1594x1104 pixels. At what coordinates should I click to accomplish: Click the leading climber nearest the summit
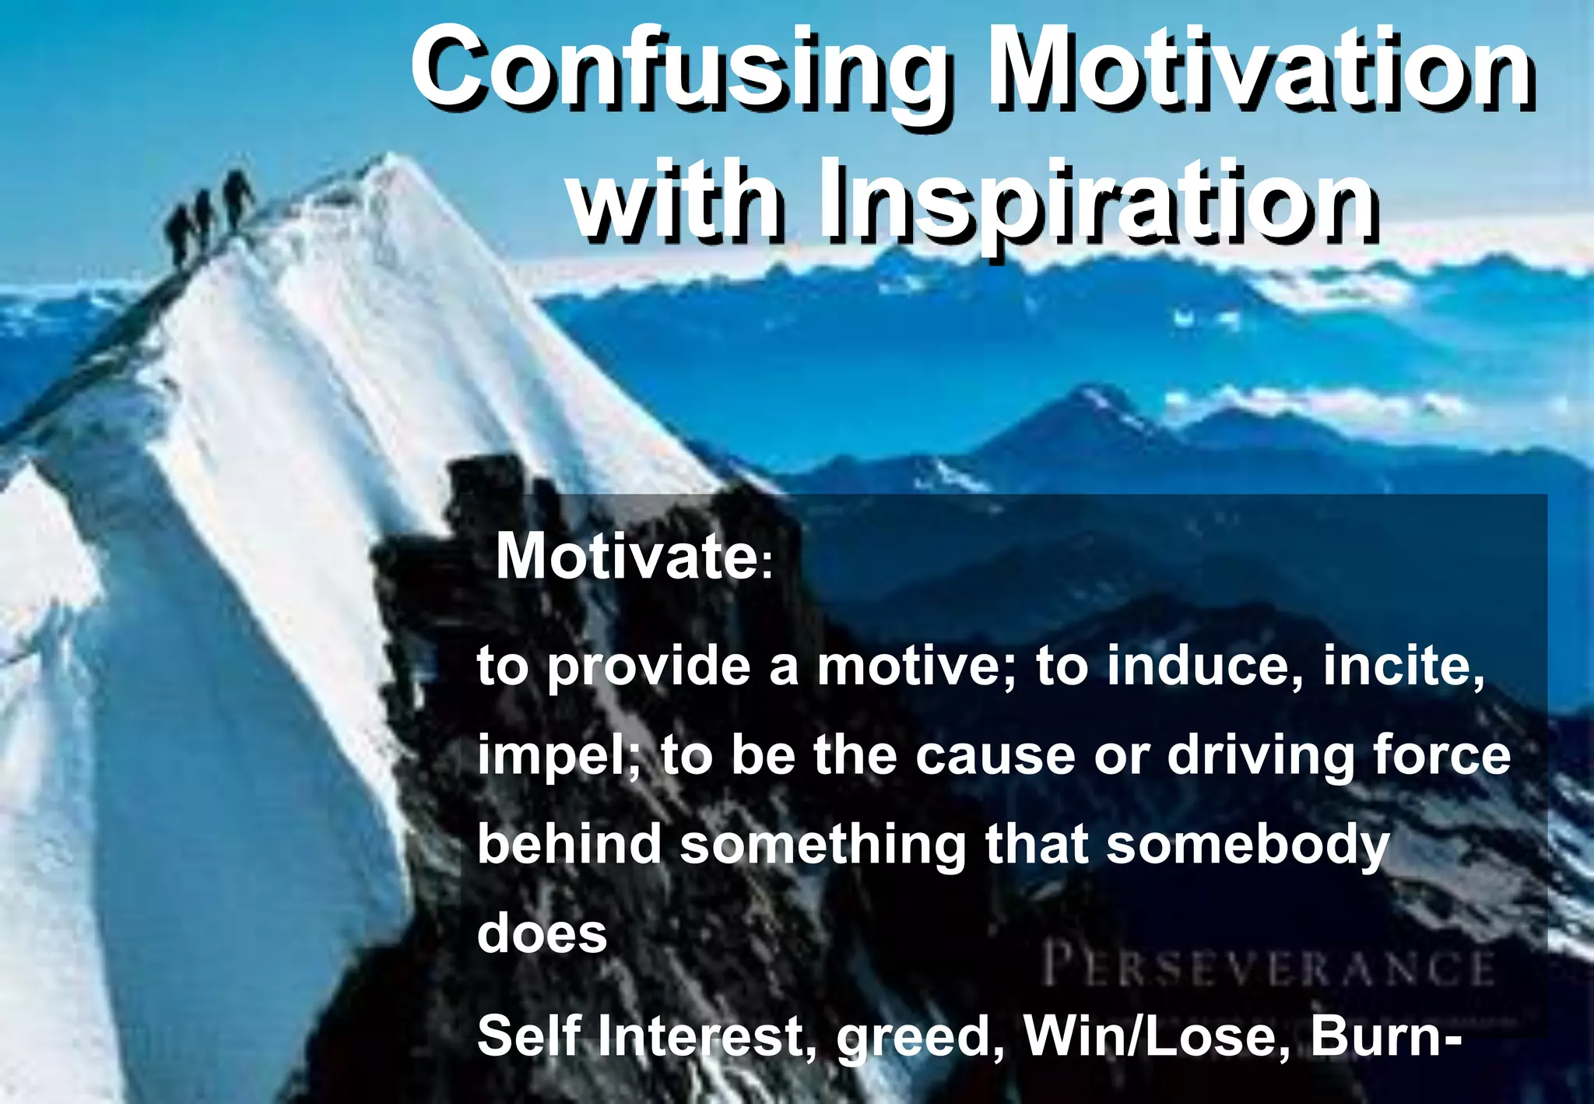point(237,199)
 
